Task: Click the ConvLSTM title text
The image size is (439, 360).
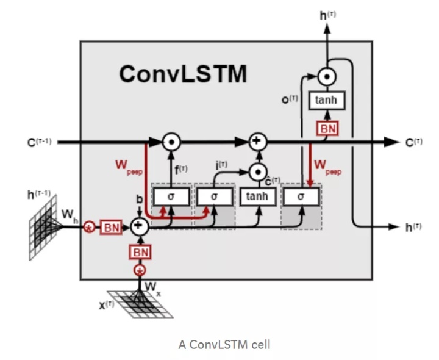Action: point(183,74)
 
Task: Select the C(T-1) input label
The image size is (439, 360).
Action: point(38,142)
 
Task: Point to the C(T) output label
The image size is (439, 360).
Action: point(413,142)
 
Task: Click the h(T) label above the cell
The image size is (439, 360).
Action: point(327,14)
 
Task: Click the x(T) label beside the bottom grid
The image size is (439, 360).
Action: point(107,304)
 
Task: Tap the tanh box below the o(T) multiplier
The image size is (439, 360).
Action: point(326,101)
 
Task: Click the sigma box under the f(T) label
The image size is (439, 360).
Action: point(171,196)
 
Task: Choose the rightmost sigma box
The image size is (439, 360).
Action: point(301,196)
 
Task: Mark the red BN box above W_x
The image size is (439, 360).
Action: point(140,252)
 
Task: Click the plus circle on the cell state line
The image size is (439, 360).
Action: point(257,142)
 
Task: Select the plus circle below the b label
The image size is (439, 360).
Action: point(140,226)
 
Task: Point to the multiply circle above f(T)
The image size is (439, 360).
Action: point(171,142)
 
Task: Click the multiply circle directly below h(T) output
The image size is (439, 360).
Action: point(326,77)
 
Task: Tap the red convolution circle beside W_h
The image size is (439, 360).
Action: point(89,227)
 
